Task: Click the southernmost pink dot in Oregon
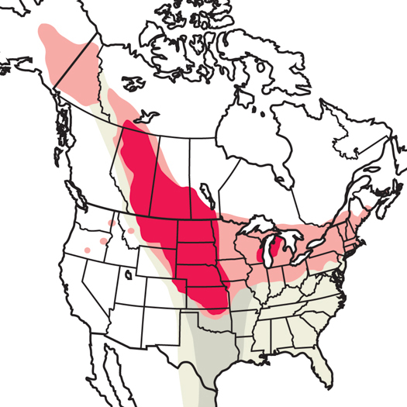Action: [x=88, y=250]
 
